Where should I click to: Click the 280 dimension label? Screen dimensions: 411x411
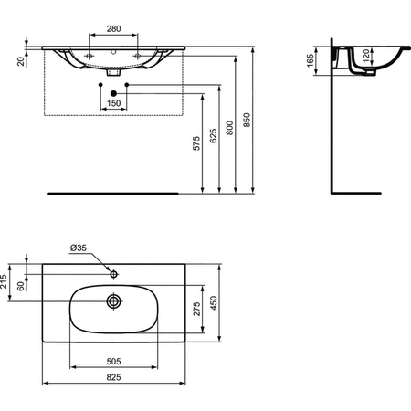113,28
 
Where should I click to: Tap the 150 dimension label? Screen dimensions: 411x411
112,104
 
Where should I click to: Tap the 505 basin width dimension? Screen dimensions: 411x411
114,360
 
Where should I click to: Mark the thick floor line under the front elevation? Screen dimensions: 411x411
114,193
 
